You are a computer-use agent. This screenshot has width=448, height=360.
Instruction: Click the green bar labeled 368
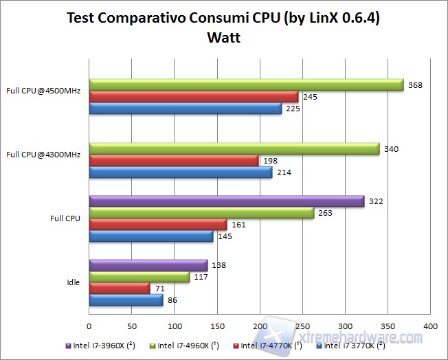pos(246,85)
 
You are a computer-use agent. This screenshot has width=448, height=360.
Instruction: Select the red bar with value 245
pos(194,97)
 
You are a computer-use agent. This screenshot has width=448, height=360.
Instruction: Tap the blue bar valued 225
pos(186,109)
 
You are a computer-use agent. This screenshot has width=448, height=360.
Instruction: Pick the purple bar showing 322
pos(226,201)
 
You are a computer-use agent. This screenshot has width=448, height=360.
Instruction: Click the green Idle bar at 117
pos(139,277)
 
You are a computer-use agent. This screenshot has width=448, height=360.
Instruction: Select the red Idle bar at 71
pos(120,289)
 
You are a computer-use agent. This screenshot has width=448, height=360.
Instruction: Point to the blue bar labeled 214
pos(181,172)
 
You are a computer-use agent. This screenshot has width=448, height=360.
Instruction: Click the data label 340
pos(391,149)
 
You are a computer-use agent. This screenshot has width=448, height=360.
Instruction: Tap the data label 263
pos(325,213)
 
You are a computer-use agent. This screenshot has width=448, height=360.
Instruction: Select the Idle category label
pos(74,282)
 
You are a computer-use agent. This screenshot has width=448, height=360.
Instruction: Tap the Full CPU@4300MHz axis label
pos(43,155)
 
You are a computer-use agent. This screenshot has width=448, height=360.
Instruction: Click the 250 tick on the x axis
pos(302,326)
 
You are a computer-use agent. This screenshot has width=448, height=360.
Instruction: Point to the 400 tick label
pos(430,326)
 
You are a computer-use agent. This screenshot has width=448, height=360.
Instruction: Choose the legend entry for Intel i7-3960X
pos(103,346)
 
